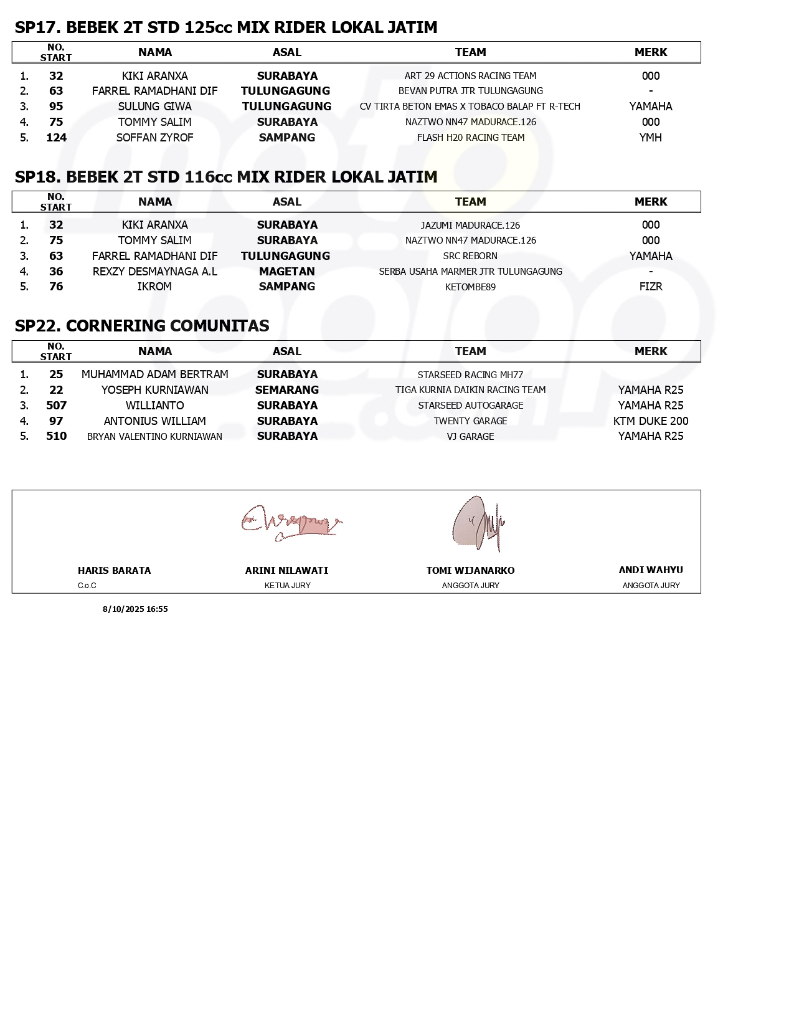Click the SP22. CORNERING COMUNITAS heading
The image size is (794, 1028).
[142, 326]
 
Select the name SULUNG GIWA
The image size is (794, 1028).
[155, 107]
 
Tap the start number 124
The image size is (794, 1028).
[56, 138]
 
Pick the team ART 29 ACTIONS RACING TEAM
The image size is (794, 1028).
[470, 76]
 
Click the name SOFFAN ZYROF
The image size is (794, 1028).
[155, 138]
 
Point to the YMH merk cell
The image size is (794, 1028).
[650, 138]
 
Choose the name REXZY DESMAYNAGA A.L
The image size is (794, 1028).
[155, 272]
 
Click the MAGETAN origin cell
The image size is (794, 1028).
[287, 272]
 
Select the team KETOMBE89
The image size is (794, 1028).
[470, 287]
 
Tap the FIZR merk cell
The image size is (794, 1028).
[650, 287]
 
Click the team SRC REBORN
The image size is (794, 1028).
[470, 256]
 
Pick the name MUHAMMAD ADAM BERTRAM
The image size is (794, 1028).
[155, 374]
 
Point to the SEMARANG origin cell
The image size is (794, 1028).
[287, 390]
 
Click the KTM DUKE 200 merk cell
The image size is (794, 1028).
[651, 421]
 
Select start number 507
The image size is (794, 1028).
[56, 406]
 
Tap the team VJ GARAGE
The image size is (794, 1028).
[470, 437]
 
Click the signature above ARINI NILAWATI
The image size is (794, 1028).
[291, 523]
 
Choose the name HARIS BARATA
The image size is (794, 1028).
[115, 571]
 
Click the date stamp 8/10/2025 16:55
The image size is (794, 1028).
[135, 609]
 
